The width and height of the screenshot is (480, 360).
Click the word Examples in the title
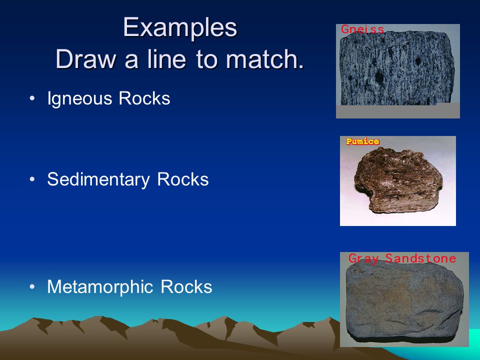[180, 28]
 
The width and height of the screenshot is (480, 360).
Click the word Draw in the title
[86, 59]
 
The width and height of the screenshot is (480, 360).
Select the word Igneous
[79, 99]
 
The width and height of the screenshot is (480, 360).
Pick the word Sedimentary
[98, 179]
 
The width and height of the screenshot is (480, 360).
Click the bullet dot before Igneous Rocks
[32, 98]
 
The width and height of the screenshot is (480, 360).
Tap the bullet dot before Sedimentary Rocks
[32, 179]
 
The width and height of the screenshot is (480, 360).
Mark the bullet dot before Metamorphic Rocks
[32, 287]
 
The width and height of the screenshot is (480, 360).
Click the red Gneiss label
[362, 29]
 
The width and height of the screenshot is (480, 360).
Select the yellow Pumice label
[363, 141]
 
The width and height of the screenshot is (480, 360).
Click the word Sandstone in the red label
[420, 258]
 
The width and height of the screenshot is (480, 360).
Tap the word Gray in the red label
[363, 259]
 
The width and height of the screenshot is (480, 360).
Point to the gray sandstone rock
[404, 301]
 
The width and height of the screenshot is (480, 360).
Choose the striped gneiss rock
[397, 68]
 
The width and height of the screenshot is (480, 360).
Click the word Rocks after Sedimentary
[183, 179]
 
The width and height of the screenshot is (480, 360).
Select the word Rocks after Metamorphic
[186, 287]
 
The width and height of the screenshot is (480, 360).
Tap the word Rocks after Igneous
[144, 98]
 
